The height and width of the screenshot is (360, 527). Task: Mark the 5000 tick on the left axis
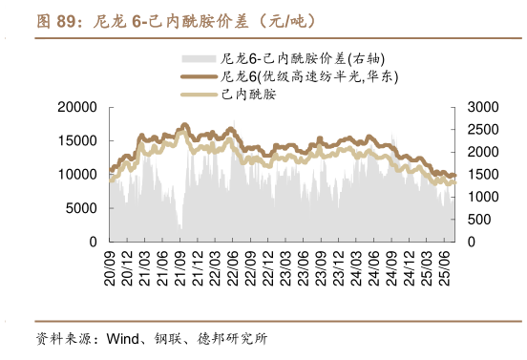coord(81,208)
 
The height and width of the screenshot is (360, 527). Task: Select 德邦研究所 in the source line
coord(236,339)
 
